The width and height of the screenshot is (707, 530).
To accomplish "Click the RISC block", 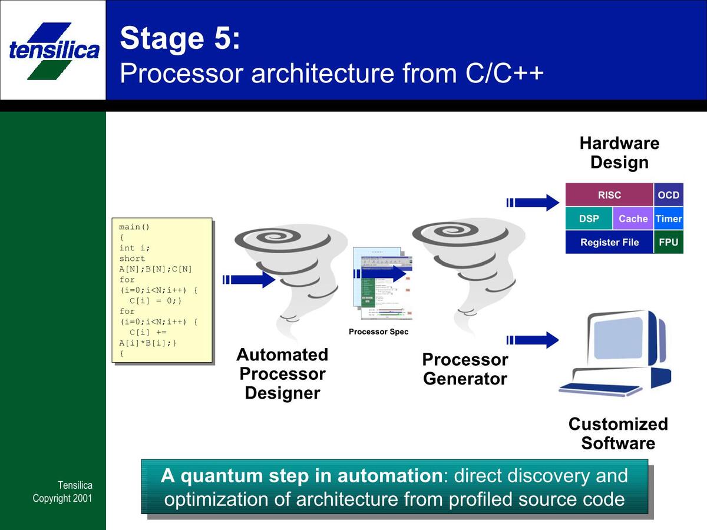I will tap(609, 195).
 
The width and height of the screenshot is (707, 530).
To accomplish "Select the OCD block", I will tap(669, 195).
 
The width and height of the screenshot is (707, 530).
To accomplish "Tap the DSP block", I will tap(589, 218).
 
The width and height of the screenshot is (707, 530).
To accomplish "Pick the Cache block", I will tap(633, 218).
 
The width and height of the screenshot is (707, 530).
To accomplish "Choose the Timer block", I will tap(669, 218).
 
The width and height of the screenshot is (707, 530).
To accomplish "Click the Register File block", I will tap(609, 242).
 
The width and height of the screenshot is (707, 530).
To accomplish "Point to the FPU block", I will tap(669, 242).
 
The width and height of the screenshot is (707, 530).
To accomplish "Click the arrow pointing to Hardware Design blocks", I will tap(533, 203).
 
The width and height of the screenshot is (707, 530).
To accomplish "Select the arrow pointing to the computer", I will tap(533, 340).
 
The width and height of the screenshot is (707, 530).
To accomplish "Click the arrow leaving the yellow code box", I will tap(249, 279).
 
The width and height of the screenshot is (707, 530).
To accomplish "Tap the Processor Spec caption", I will tap(378, 332).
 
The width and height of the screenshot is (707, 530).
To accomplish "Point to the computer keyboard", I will tap(600, 389).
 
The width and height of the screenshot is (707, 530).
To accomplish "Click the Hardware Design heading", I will tap(619, 153).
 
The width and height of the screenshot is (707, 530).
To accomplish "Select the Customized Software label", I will tap(618, 433).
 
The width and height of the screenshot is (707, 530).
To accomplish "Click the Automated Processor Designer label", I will tap(282, 374).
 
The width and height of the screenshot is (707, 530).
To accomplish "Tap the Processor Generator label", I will tap(465, 369).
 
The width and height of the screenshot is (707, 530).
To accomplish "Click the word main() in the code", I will tap(134, 227).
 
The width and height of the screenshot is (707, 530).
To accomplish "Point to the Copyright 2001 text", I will tap(62, 498).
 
